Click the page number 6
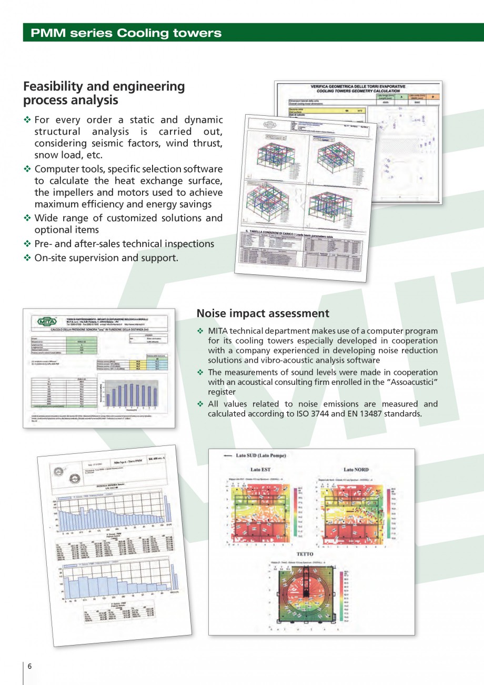coord(29,666)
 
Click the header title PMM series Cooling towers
coord(126,33)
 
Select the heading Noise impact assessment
coord(263,313)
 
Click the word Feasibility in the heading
coord(55,86)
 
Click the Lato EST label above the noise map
coord(260,469)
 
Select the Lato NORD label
coord(356,469)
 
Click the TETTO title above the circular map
coord(306,554)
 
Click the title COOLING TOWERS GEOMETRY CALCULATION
coord(358,91)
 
